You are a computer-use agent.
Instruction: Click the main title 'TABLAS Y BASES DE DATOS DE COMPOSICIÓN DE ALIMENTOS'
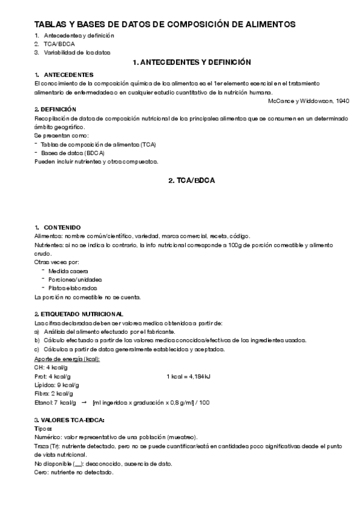[165, 25]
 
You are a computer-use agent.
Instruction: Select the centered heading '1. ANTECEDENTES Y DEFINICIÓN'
[191, 62]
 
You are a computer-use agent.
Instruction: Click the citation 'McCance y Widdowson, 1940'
[308, 100]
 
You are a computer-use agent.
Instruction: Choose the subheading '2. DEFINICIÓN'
[55, 109]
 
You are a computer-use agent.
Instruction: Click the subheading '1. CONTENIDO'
[58, 228]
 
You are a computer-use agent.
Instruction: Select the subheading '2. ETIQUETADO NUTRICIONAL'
[79, 314]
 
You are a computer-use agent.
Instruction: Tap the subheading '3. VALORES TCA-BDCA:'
[70, 419]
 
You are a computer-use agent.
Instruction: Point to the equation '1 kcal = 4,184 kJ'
[188, 376]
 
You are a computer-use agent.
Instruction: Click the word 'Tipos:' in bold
[44, 428]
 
